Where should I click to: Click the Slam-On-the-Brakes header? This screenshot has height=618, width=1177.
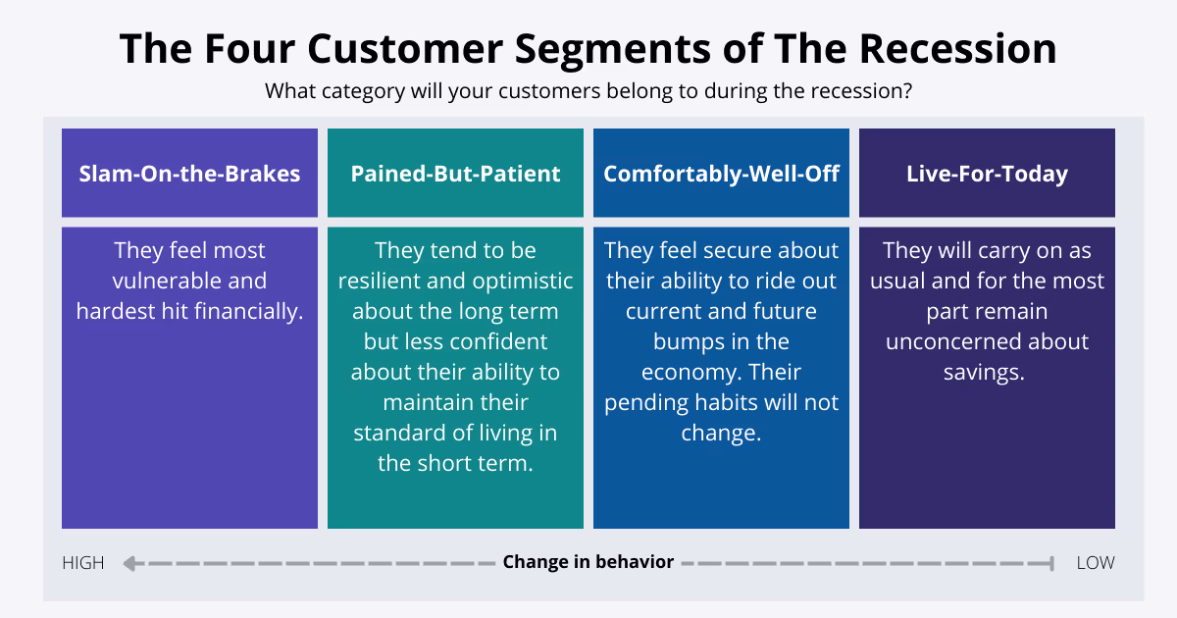[x=189, y=174]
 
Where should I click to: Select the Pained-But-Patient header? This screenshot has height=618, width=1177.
[x=455, y=174]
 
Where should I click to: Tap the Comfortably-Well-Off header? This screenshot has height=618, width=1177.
[x=721, y=174]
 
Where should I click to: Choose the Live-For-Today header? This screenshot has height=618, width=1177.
[x=987, y=174]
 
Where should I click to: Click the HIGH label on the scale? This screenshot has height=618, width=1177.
[x=83, y=562]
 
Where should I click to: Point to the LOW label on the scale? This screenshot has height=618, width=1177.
[x=1096, y=562]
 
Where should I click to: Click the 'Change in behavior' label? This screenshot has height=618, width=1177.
[x=588, y=562]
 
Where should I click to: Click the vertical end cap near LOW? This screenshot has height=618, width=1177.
[x=1052, y=563]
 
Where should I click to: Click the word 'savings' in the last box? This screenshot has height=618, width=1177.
[x=984, y=372]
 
